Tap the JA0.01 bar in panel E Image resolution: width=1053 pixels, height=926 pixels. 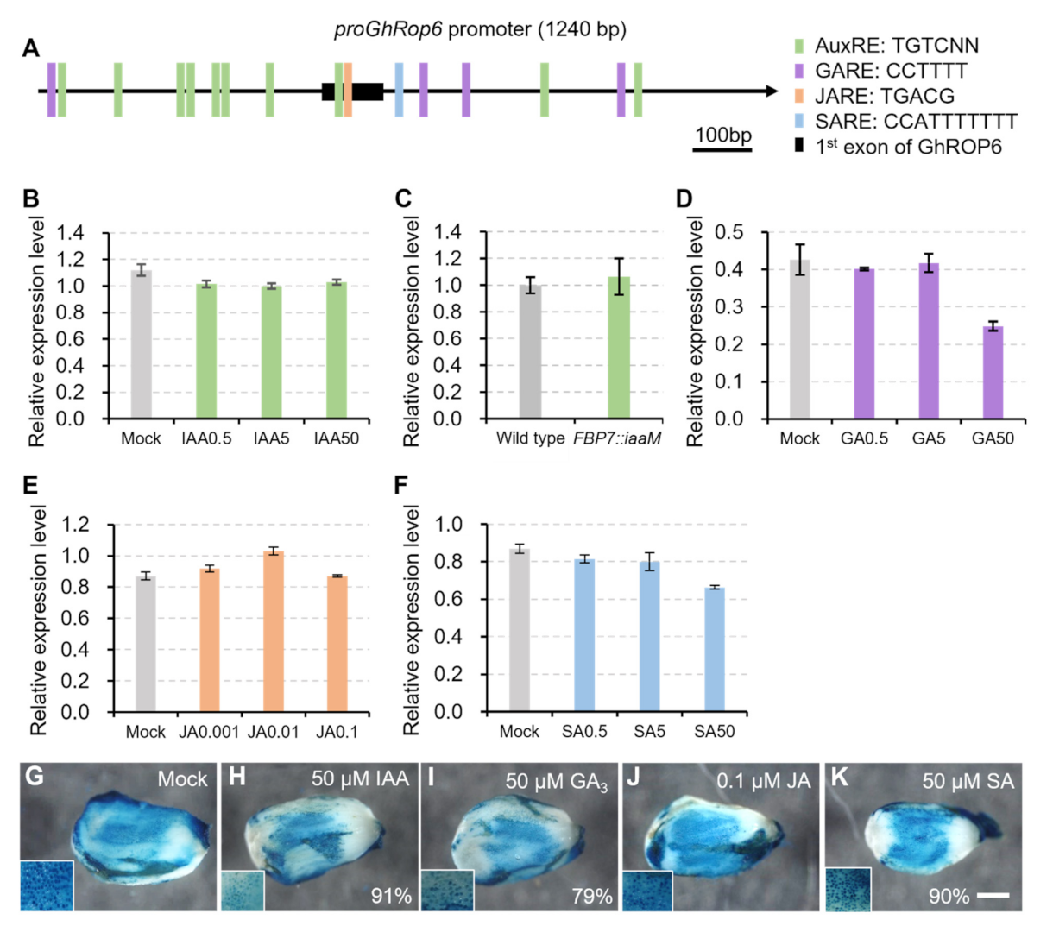coord(273,632)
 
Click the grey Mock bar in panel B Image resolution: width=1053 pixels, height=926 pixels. coord(141,345)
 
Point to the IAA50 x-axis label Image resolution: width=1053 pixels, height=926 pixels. coord(337,439)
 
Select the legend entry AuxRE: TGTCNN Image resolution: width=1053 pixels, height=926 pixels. coord(897,46)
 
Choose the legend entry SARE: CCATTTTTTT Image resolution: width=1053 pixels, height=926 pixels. coord(916,122)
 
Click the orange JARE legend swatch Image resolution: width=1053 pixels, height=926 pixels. coord(799,96)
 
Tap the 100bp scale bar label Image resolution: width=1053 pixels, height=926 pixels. coord(722,135)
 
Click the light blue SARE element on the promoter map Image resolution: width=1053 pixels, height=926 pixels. coord(399,89)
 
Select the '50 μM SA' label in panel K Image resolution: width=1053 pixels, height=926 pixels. coord(968,782)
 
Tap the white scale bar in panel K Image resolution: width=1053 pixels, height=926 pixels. coord(993,897)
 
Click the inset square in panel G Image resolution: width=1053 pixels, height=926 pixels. coord(47,885)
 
